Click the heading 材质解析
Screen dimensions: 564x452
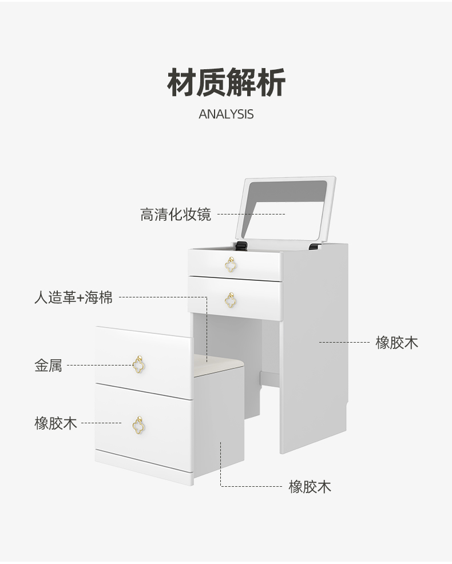[x=226, y=82]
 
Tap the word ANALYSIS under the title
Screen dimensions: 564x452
[x=226, y=114]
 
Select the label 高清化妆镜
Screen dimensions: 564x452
[x=176, y=215]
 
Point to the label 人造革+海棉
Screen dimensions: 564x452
[x=73, y=297]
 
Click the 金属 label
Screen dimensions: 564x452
[x=48, y=366]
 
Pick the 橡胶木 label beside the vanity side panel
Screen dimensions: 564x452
[x=397, y=343]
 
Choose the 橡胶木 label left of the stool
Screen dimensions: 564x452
[x=55, y=423]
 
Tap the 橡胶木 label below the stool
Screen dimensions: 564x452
[x=310, y=487]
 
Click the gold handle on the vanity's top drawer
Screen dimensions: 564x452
[x=231, y=264]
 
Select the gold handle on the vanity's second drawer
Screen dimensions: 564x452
[x=231, y=300]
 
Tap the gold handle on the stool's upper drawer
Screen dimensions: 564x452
[x=139, y=363]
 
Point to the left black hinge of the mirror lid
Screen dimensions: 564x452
[x=242, y=246]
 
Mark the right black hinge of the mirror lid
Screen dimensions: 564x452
[x=314, y=247]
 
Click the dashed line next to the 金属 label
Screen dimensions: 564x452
[x=97, y=365]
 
